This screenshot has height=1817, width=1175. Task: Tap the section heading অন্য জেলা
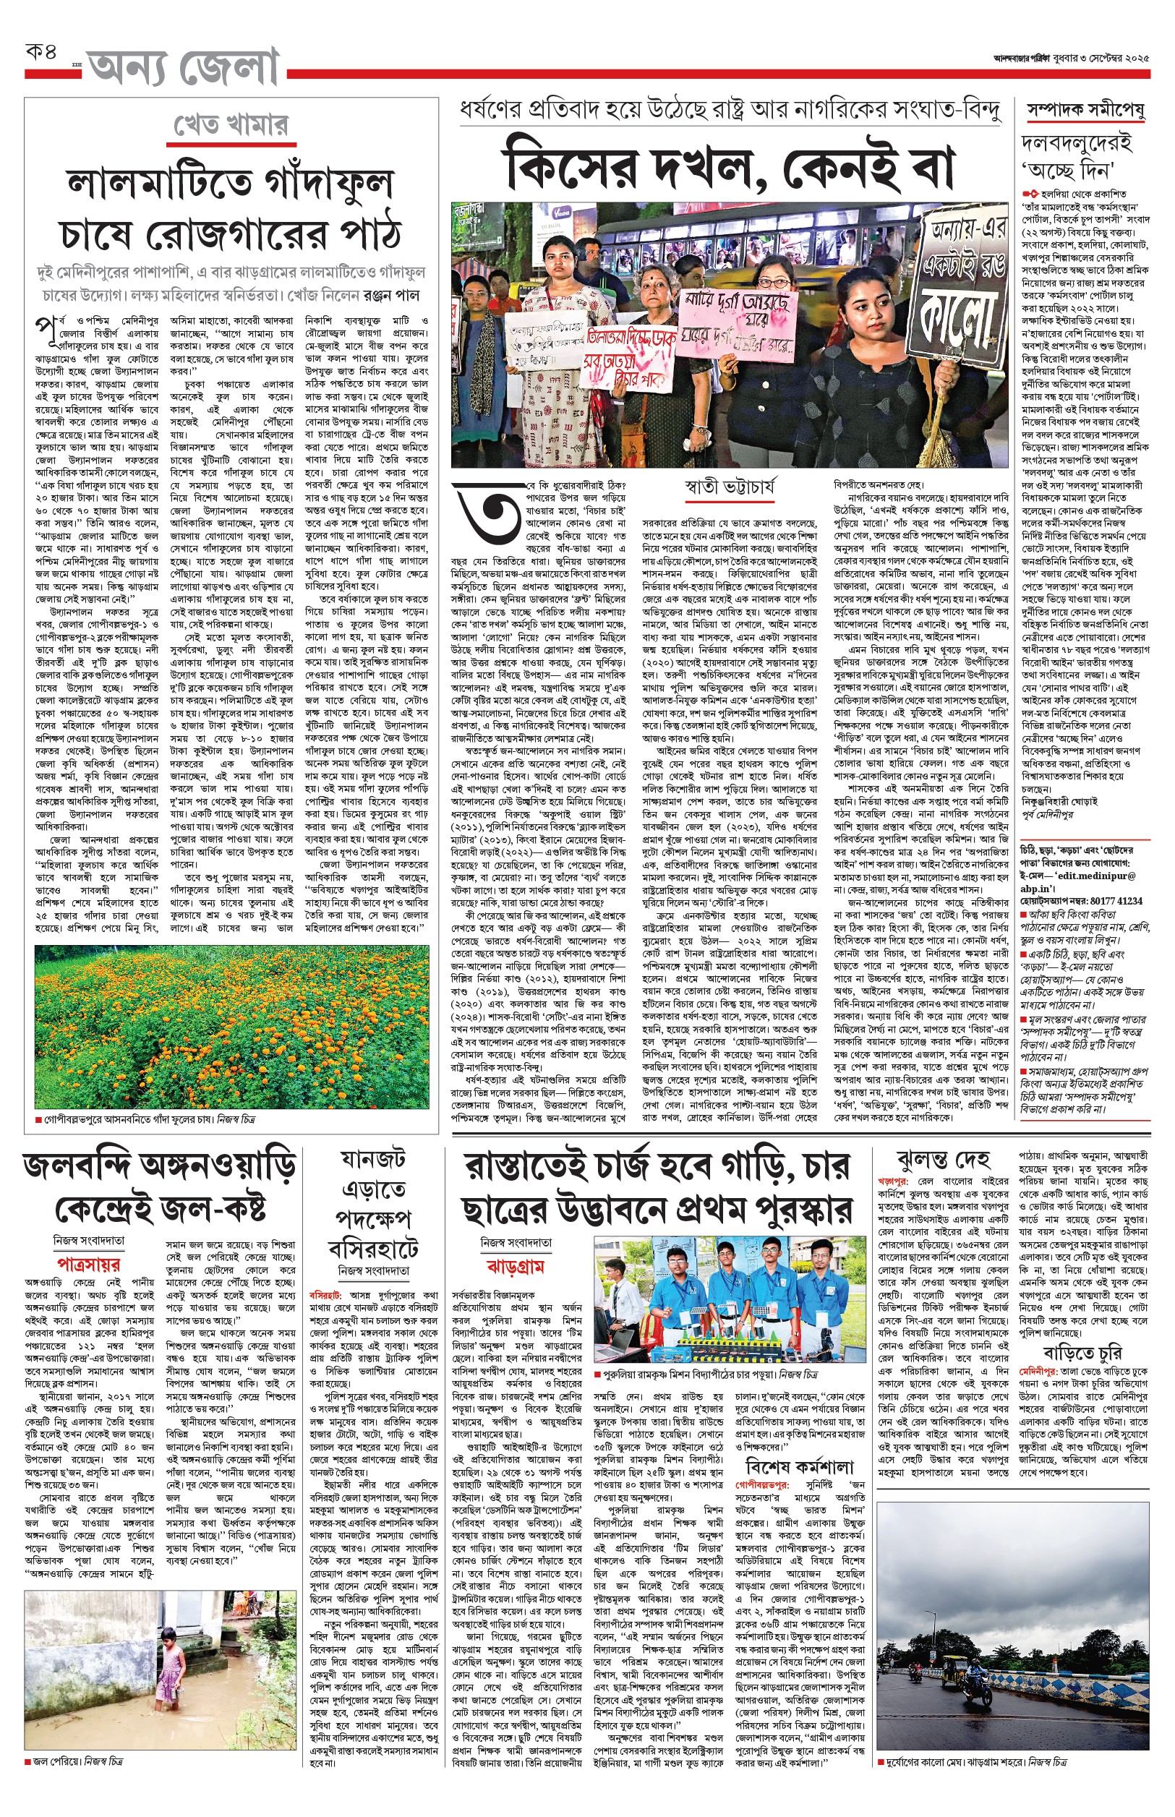point(183,69)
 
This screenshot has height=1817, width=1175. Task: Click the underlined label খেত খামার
point(231,125)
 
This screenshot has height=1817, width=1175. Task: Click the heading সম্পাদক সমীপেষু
point(1085,111)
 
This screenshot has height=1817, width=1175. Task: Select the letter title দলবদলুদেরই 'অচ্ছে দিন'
point(1076,155)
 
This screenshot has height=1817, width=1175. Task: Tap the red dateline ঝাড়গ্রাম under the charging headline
point(515,1267)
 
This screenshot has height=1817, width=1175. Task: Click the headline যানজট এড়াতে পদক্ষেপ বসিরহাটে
point(373,1205)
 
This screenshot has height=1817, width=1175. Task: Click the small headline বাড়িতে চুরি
point(1082,1354)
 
